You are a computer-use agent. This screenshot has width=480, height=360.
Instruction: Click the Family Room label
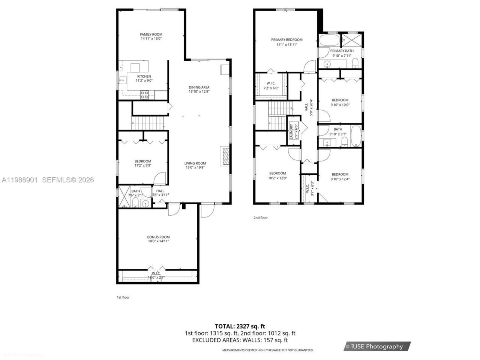pos(151,34)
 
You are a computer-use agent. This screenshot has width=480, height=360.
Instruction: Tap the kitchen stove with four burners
pos(144,94)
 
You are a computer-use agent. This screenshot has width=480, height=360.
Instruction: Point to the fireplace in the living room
pos(225,156)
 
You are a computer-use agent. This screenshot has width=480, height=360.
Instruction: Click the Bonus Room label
pos(158,237)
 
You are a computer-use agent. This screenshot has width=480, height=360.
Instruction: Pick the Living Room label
pos(195,163)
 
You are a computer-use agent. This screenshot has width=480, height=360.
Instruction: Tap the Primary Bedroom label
pos(287,40)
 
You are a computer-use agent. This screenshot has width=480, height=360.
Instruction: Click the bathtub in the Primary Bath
pos(329,40)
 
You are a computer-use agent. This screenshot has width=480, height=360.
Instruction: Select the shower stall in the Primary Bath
pos(352,40)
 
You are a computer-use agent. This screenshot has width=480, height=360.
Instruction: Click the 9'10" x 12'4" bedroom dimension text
pos(340,179)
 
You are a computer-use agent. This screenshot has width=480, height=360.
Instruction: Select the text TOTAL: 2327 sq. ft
pos(240,326)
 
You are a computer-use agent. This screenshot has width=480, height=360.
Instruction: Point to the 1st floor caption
pos(123,297)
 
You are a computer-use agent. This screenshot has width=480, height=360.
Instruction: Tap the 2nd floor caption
pos(261,217)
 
